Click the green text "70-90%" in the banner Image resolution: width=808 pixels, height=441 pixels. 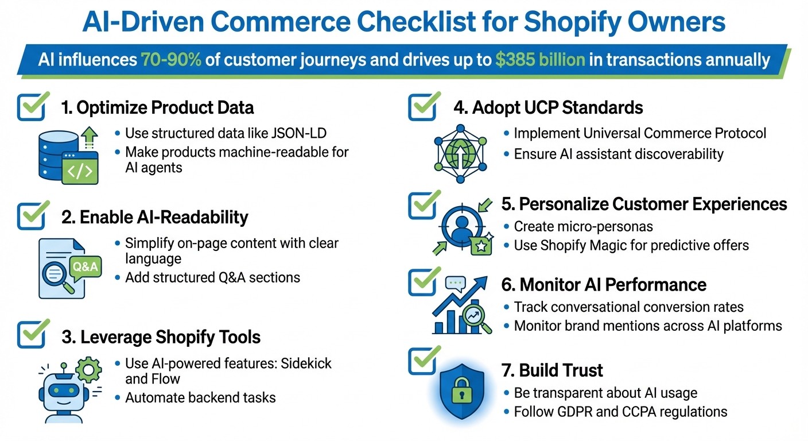(x=170, y=60)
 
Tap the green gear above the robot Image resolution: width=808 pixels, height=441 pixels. (x=87, y=370)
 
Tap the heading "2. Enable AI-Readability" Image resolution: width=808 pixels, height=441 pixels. (x=155, y=217)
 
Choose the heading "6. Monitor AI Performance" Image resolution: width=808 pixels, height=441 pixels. (x=604, y=284)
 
